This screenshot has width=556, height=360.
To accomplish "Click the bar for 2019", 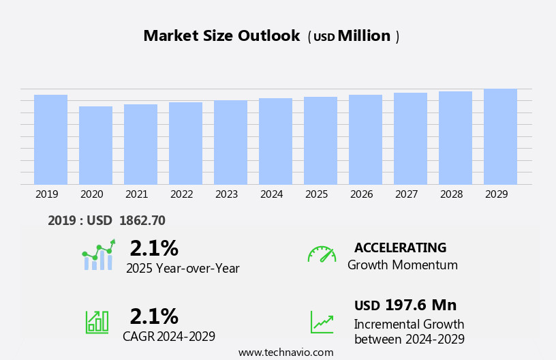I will [50, 140].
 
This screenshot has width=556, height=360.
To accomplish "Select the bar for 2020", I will [95, 145].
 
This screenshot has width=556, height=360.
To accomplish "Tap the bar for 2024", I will [275, 141].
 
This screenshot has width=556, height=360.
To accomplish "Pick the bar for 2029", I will [500, 136].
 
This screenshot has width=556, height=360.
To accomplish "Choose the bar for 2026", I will [365, 140].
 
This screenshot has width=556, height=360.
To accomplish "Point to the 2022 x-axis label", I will [181, 194].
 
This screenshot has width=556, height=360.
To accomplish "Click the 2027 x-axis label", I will [406, 194].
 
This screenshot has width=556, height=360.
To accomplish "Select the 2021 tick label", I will [136, 194].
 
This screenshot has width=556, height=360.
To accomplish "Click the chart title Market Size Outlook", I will [221, 36].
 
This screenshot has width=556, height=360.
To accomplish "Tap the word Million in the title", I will [364, 36].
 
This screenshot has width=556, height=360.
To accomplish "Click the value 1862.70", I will [142, 221].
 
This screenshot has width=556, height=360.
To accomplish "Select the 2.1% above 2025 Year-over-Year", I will [154, 248].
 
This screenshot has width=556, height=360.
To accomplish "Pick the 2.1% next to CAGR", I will [154, 316].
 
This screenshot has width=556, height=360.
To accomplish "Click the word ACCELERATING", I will [400, 248].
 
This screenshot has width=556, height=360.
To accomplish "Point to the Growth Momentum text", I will [402, 265].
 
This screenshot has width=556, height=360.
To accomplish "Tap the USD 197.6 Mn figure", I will [405, 305].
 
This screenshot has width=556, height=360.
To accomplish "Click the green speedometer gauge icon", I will [322, 254].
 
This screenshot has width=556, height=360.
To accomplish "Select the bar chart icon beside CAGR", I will [97, 321].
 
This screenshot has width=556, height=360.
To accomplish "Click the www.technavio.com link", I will [285, 352].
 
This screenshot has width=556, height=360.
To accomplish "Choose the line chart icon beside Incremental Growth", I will [322, 322].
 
